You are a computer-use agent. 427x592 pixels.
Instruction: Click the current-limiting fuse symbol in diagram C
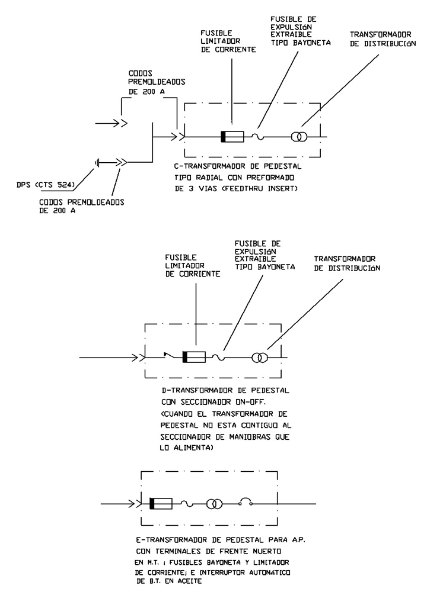pyautogui.click(x=232, y=137)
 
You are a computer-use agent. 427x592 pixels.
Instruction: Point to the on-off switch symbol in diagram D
pyautogui.click(x=171, y=356)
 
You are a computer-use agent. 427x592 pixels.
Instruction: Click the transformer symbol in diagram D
pyautogui.click(x=260, y=358)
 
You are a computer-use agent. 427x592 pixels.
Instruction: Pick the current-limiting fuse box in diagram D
pyautogui.click(x=194, y=357)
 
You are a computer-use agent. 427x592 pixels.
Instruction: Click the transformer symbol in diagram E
pyautogui.click(x=215, y=504)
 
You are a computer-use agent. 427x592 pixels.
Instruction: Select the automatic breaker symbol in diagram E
pyautogui.click(x=246, y=504)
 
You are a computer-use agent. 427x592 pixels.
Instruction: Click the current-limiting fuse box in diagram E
pyautogui.click(x=161, y=504)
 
